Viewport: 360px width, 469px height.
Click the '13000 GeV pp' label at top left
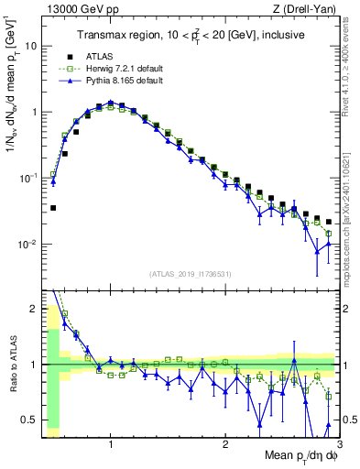click(78, 9)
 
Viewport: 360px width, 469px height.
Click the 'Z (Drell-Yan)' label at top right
click(307, 9)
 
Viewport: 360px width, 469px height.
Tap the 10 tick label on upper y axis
click(34, 45)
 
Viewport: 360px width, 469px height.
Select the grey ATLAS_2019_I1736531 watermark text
click(191, 274)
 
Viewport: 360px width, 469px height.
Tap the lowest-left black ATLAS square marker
click(53, 208)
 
